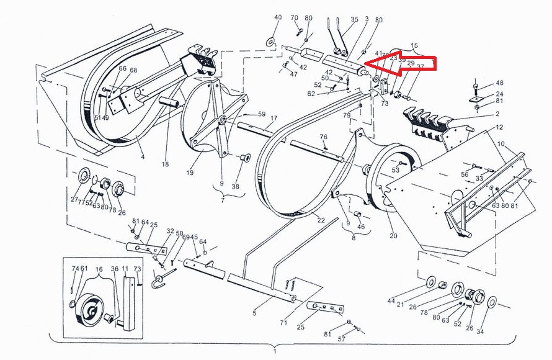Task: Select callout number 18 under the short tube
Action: pyautogui.click(x=165, y=164)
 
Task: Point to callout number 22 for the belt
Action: pyautogui.click(x=321, y=220)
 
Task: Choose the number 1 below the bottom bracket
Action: pyautogui.click(x=275, y=352)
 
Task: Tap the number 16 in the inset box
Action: pyautogui.click(x=99, y=269)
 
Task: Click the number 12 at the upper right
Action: pyautogui.click(x=499, y=127)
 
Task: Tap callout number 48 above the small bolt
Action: pyautogui.click(x=499, y=83)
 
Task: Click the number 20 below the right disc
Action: pyautogui.click(x=393, y=235)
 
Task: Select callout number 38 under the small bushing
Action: pyautogui.click(x=235, y=186)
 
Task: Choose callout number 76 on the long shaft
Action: pyautogui.click(x=323, y=137)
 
